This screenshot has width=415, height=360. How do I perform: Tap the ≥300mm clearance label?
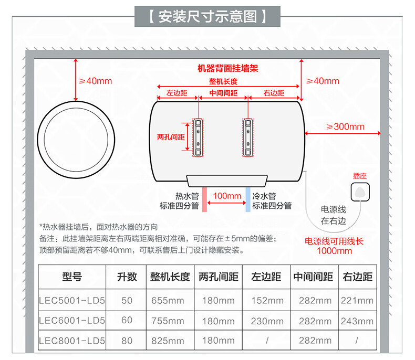345,126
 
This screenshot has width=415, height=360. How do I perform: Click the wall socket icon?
360,192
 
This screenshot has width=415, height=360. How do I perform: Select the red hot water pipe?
204,199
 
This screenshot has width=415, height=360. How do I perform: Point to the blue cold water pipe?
248,199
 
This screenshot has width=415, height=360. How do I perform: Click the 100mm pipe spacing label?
227,196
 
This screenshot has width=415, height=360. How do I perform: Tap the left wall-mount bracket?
198,137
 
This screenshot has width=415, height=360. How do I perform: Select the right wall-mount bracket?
248,137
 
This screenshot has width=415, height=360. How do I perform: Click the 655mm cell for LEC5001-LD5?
168,301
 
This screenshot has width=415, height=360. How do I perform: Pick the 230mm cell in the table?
267,321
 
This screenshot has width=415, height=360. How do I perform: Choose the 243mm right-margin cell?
357,321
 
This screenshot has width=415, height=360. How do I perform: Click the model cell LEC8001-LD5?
72,341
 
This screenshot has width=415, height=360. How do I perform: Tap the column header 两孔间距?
219,277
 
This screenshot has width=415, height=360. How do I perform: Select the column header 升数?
127,277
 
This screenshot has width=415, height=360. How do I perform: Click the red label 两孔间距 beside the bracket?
171,137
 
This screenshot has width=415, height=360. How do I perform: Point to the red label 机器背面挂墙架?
227,68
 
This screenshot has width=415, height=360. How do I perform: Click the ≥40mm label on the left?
96,81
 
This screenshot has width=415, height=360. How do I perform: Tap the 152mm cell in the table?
267,301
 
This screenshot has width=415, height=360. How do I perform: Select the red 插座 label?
360,176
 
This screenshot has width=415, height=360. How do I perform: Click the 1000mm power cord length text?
334,251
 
